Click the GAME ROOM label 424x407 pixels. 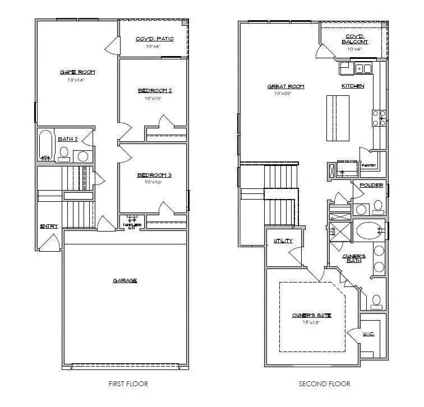77,72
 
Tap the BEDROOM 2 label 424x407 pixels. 154,90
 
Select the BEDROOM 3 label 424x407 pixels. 154,175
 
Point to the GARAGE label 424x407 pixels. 125,280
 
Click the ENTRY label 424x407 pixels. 48,226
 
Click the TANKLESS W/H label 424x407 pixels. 132,225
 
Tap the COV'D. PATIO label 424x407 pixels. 154,39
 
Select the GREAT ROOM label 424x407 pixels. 285,86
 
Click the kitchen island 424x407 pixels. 338,119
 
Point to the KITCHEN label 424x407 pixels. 353,86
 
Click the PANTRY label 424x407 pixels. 368,165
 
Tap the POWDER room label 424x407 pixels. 371,186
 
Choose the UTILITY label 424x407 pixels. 283,240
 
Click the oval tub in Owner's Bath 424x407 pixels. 368,230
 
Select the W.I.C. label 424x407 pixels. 368,334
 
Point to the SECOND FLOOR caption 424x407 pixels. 324,384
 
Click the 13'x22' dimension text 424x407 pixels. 285,94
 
